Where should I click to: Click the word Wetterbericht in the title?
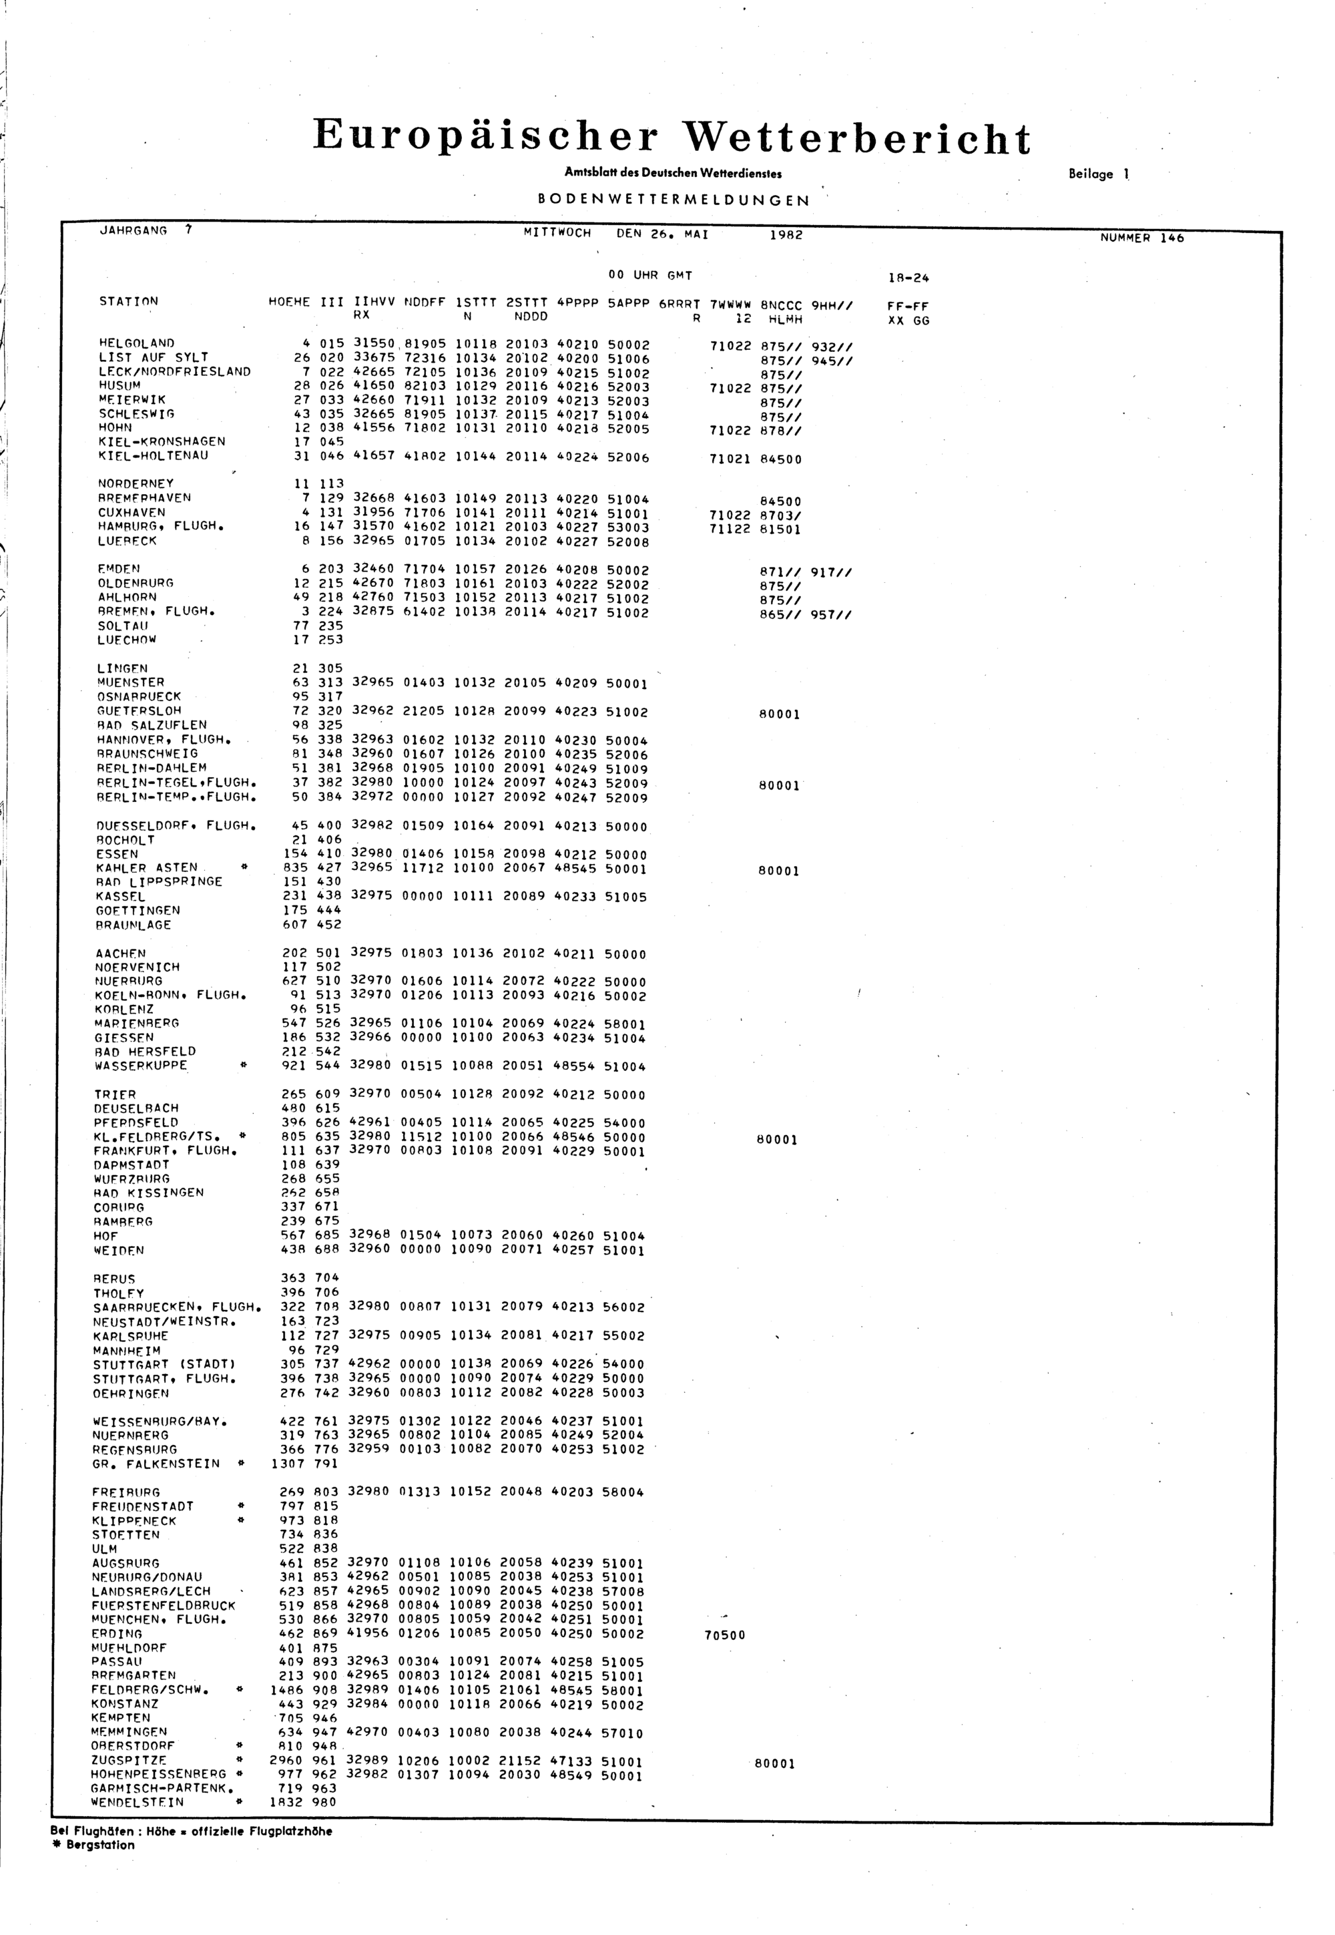tap(856, 138)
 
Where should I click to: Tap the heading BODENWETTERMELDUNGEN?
tap(674, 201)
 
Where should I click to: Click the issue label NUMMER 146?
tap(1142, 238)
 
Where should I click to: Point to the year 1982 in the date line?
tap(786, 235)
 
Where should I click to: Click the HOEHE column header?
tap(288, 302)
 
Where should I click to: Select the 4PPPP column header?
tap(577, 303)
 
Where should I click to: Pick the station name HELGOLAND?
tap(136, 343)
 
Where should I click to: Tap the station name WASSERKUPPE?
tap(141, 1066)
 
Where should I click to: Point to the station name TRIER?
tap(115, 1094)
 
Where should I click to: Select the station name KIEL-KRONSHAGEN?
tap(162, 442)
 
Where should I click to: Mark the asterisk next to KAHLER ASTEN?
tap(244, 867)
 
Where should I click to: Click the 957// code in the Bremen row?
tap(832, 615)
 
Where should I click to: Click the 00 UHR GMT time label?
tap(650, 275)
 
